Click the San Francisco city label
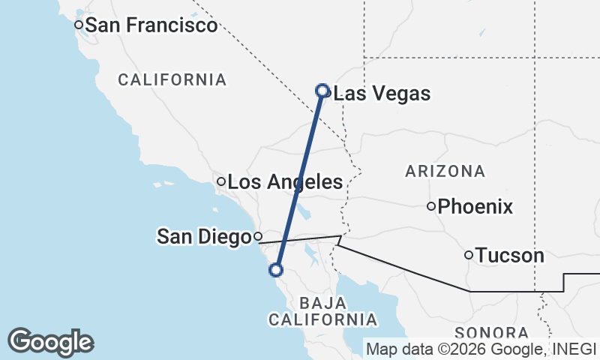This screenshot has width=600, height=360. tap(151, 25)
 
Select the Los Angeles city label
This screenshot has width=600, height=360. tap(285, 181)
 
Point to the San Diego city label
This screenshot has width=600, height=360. tap(203, 237)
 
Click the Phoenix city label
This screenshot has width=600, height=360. tap(475, 206)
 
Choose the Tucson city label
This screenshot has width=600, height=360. tap(510, 256)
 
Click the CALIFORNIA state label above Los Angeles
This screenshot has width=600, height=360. tap(172, 79)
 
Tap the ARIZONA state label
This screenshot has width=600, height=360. tap(445, 171)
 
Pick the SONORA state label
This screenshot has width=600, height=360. tap(491, 332)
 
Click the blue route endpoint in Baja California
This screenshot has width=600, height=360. tap(277, 269)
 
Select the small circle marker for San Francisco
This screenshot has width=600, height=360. tap(78, 25)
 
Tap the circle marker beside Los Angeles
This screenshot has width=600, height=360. tap(221, 181)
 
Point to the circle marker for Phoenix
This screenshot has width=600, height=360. tap(431, 206)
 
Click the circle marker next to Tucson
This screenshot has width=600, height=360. tap(469, 255)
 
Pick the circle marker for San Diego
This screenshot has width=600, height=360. tap(258, 237)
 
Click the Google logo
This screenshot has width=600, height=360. tap(50, 342)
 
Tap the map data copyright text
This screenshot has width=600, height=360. tap(480, 348)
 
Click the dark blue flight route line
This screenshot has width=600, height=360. tap(300, 180)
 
